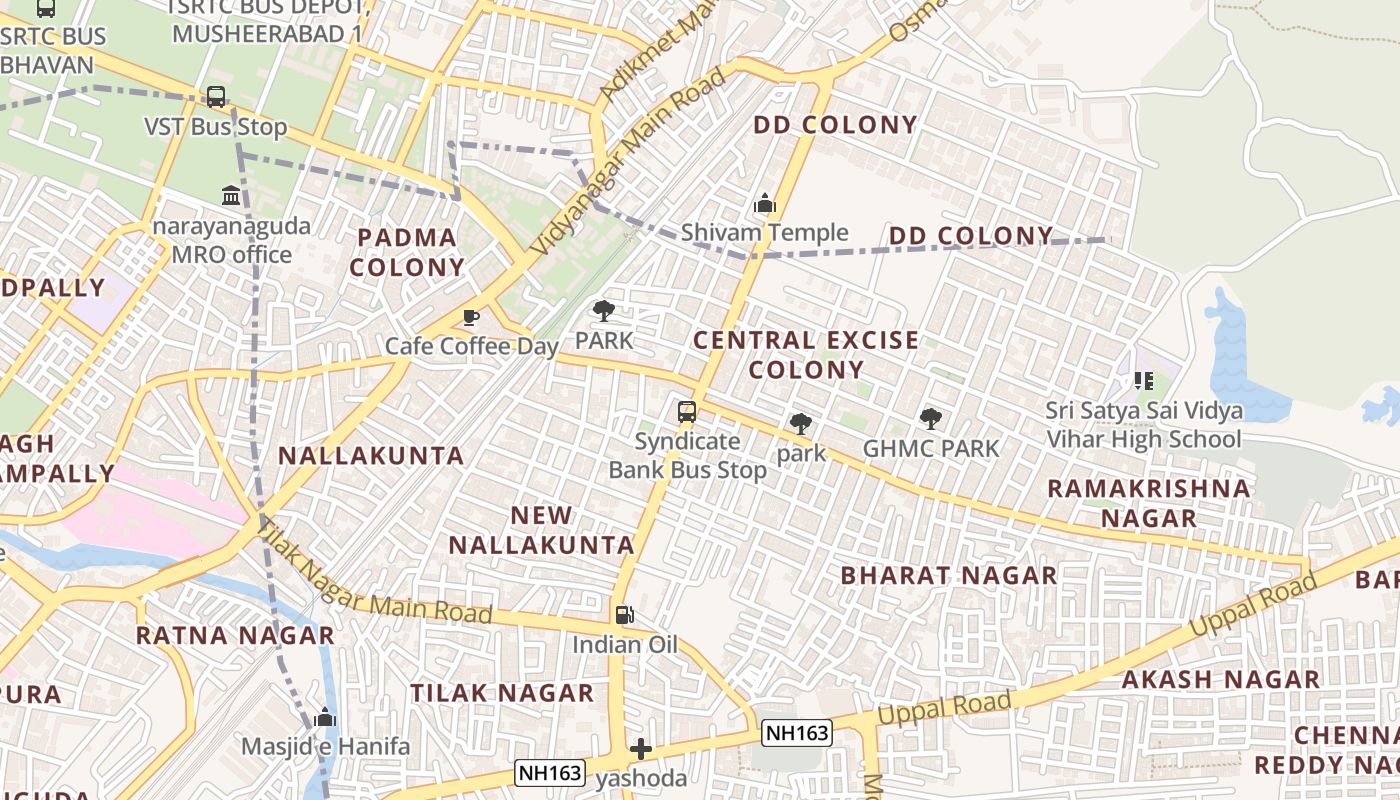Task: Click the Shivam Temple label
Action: (x=764, y=233)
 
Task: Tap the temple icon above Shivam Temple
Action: (x=765, y=204)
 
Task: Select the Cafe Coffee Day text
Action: (x=472, y=346)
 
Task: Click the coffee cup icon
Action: (x=471, y=318)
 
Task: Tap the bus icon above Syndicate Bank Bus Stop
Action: (x=687, y=411)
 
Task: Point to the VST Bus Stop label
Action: (x=216, y=127)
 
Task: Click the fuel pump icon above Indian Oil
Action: (x=624, y=615)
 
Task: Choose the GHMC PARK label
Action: (x=931, y=449)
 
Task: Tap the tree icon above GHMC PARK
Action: (x=931, y=419)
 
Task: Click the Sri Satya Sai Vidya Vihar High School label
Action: (x=1144, y=425)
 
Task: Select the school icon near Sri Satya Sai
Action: (x=1144, y=381)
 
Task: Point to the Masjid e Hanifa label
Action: (x=326, y=746)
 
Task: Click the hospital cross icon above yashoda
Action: (x=641, y=749)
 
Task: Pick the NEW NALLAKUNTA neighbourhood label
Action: (x=541, y=530)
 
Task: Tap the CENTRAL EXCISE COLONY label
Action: (x=806, y=355)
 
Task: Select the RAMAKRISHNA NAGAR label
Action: (x=1148, y=503)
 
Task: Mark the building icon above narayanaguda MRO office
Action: (x=231, y=195)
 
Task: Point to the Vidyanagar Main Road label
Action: (x=629, y=161)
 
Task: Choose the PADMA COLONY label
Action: (x=407, y=252)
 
